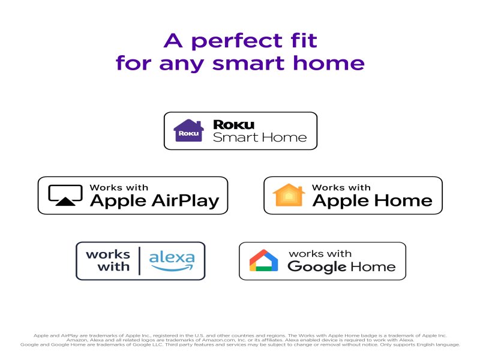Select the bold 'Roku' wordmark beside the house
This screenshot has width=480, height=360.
click(x=234, y=124)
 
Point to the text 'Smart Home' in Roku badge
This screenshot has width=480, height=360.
click(x=260, y=137)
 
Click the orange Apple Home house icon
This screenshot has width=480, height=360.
click(x=289, y=195)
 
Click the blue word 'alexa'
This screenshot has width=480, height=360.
click(x=172, y=258)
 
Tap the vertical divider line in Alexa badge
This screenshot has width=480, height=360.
click(x=139, y=261)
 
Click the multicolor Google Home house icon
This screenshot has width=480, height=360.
click(x=264, y=260)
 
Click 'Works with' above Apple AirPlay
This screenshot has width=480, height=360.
click(x=119, y=188)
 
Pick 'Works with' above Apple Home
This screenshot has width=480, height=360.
click(x=341, y=188)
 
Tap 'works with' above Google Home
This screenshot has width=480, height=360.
click(x=320, y=254)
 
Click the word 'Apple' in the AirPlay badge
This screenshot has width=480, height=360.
click(x=116, y=202)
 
